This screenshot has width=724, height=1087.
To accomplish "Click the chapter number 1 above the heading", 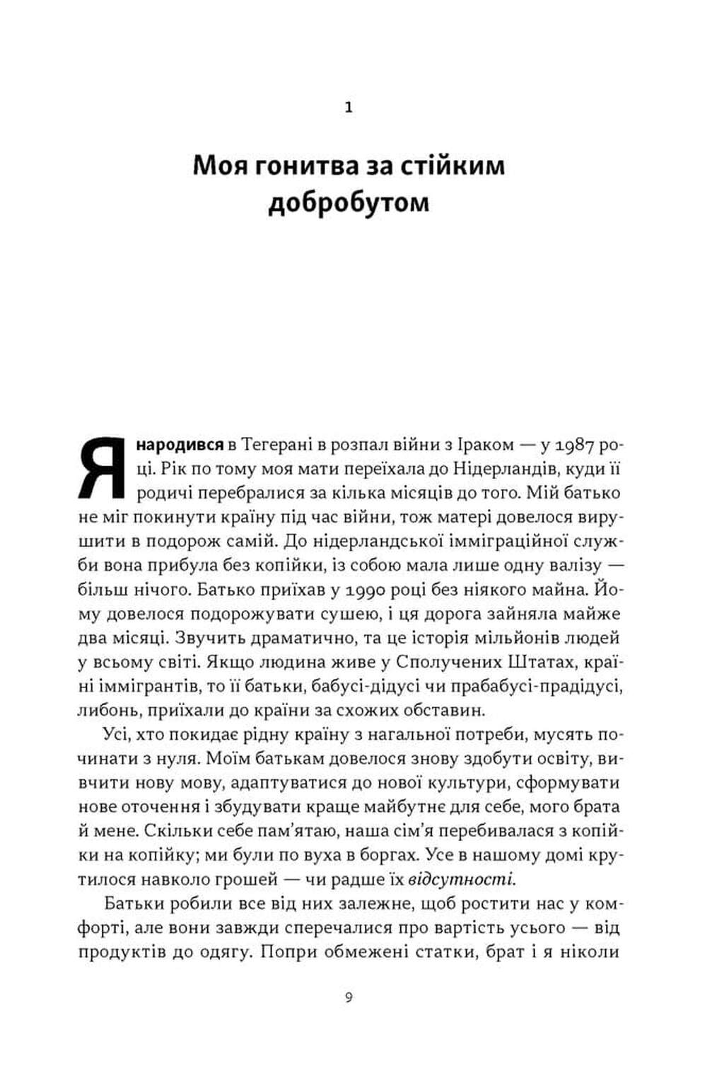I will (348, 108).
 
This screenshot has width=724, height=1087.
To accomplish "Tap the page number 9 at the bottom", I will (348, 998).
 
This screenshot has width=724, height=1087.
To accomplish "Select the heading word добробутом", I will (349, 203).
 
